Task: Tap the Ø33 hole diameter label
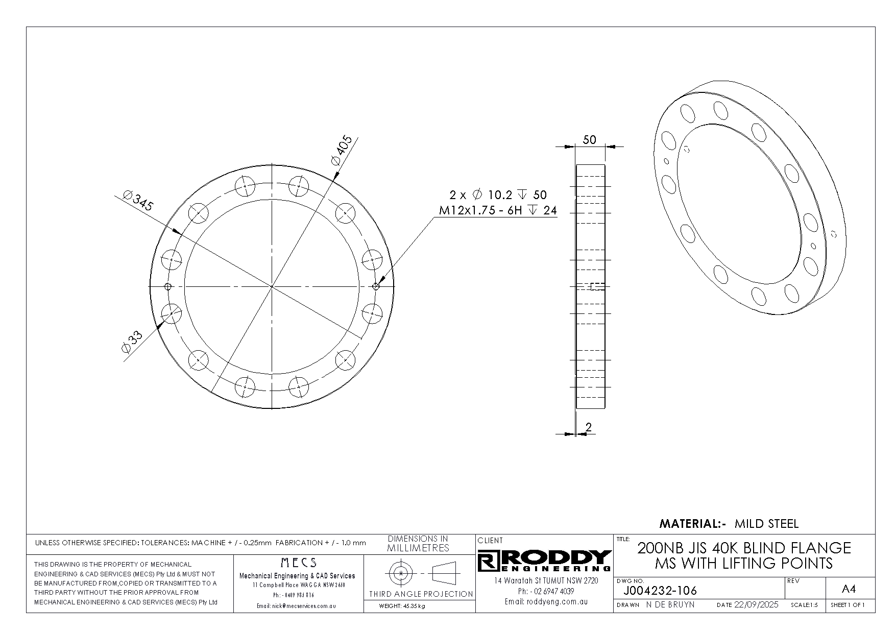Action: [x=132, y=342]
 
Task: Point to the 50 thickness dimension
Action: [x=589, y=139]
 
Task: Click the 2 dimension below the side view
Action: [x=589, y=427]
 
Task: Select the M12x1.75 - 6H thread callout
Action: [x=480, y=210]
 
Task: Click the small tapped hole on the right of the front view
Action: [x=376, y=286]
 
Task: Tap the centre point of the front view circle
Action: [x=272, y=286]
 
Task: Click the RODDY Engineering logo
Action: [x=545, y=561]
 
